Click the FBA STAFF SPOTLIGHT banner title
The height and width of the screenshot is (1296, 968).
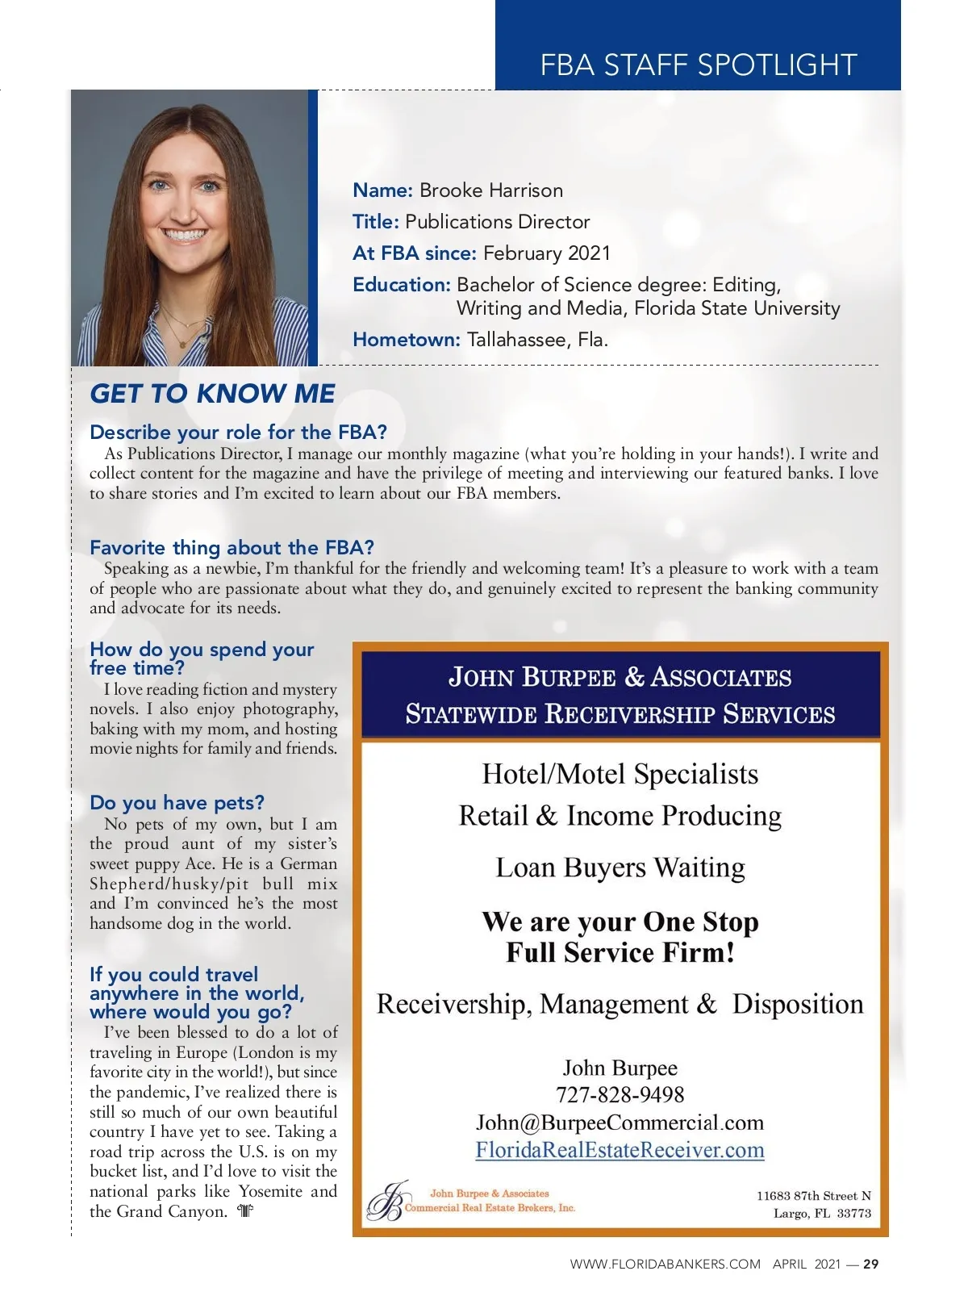[x=698, y=65]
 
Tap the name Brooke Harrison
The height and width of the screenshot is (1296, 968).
[x=490, y=190]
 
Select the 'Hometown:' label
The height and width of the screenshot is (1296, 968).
[x=406, y=340]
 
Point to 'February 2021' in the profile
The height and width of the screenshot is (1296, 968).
[x=546, y=253]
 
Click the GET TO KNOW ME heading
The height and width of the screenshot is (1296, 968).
[x=212, y=394]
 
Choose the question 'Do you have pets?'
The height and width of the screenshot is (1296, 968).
[x=177, y=803]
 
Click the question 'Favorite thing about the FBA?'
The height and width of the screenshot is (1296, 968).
[x=232, y=548]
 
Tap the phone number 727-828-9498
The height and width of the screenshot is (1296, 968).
[x=620, y=1095]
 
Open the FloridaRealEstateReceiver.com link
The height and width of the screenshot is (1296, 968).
[x=620, y=1150]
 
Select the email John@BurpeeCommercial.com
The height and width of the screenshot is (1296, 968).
[x=620, y=1123]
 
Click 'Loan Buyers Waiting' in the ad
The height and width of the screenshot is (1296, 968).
[x=620, y=867]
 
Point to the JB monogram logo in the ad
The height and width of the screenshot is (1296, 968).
[x=385, y=1202]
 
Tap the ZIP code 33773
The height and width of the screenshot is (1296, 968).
[x=853, y=1214]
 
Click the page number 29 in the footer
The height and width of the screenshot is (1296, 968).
[x=870, y=1265]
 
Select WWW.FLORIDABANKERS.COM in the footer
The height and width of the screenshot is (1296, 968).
[x=665, y=1265]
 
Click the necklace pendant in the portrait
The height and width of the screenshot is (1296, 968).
[x=184, y=342]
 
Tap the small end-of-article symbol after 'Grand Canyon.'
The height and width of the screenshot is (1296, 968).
[x=246, y=1211]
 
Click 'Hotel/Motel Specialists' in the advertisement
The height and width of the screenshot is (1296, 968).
[x=620, y=775]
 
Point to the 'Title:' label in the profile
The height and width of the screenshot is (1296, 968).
[x=375, y=222]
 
